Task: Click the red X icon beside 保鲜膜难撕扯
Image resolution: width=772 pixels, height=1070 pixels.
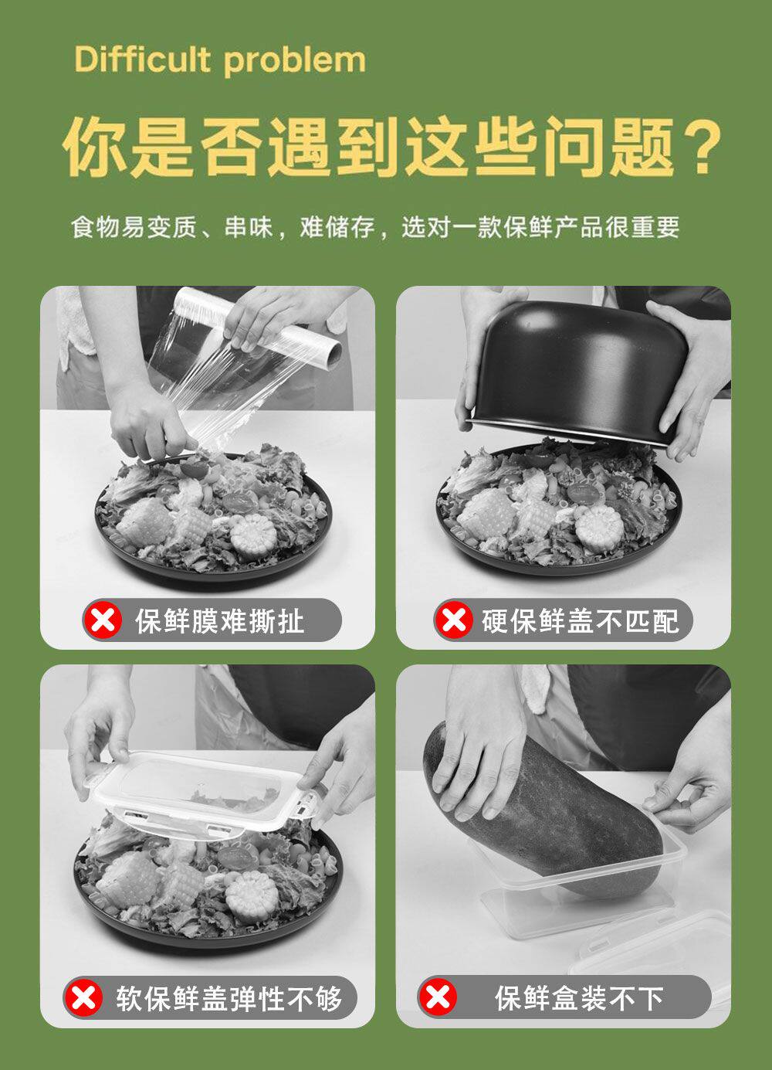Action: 103,620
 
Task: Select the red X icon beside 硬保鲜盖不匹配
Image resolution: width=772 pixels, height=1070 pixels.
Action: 454,620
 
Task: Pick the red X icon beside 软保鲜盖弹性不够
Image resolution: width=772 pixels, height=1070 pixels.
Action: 83,999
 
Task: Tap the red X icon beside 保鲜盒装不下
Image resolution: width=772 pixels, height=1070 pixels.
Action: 437,999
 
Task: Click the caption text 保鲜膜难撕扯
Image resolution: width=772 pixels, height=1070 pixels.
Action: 219,621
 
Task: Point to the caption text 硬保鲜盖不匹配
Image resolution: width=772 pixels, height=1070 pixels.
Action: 580,621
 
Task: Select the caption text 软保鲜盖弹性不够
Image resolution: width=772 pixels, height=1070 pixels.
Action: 229,999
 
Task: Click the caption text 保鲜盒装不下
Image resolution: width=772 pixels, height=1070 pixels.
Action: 579,999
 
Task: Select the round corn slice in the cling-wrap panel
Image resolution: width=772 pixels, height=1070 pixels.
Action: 253,535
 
